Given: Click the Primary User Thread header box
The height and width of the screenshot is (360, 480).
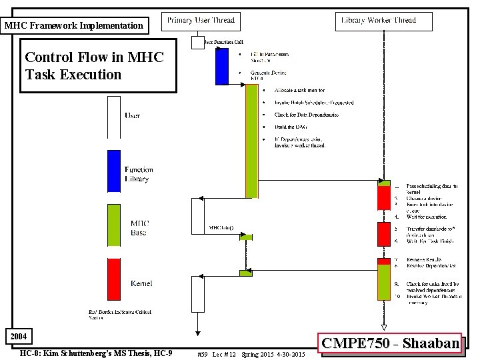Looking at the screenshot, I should [x=201, y=21].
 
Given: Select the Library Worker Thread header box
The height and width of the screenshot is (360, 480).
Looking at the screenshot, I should [x=378, y=21].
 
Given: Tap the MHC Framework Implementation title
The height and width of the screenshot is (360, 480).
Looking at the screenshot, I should [x=73, y=26].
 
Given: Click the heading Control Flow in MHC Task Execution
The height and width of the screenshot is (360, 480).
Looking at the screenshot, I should [x=93, y=65].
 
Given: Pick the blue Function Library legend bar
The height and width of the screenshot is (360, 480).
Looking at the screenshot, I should [x=114, y=171].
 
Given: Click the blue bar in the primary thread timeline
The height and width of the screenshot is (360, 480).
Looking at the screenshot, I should [x=221, y=67].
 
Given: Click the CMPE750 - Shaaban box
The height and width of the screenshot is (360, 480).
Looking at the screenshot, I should [x=391, y=343].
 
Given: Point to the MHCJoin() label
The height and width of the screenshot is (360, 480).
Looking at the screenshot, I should [x=221, y=228].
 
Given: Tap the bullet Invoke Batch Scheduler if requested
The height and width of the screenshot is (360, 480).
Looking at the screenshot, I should [x=313, y=103].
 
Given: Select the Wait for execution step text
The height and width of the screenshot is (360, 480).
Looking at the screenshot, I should [x=427, y=217].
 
